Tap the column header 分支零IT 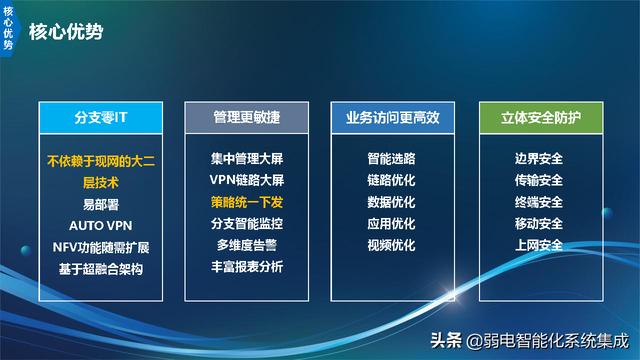click(x=101, y=118)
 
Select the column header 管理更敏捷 click(x=247, y=118)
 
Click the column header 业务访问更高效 click(x=392, y=118)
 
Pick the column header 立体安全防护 click(x=538, y=118)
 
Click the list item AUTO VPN click(x=101, y=224)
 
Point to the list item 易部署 click(x=101, y=203)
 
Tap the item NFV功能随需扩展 click(x=101, y=246)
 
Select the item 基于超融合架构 click(x=101, y=268)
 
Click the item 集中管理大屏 click(x=247, y=158)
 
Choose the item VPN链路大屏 click(x=247, y=180)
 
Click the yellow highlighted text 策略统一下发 click(x=247, y=202)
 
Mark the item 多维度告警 click(x=247, y=245)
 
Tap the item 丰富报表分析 click(x=247, y=267)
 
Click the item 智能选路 click(x=392, y=158)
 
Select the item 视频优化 click(x=392, y=245)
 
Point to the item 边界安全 click(x=538, y=158)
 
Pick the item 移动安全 click(x=538, y=223)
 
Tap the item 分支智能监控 click(x=247, y=223)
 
